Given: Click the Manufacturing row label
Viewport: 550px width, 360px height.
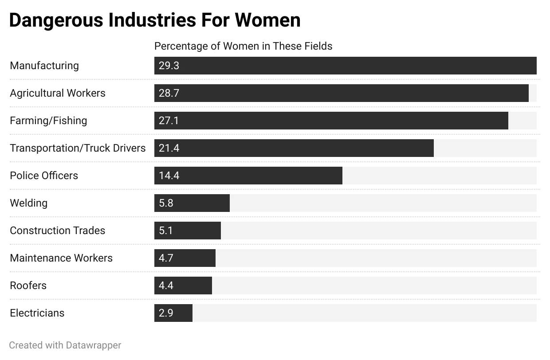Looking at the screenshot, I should [x=44, y=66].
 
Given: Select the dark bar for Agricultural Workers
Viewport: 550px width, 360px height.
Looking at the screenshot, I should [x=342, y=93].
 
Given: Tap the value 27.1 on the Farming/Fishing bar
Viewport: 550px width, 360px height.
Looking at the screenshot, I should [x=169, y=121].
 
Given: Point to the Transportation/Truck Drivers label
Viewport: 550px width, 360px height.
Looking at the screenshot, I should [x=78, y=148].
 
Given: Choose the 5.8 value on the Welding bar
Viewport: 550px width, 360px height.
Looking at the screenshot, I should [x=166, y=203].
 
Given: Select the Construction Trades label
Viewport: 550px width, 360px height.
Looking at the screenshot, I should [x=58, y=231].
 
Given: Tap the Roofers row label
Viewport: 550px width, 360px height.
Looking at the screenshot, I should [x=28, y=286].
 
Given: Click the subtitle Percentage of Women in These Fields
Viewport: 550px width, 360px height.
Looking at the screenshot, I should [x=243, y=46].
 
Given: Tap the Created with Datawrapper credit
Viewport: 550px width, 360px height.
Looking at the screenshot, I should [x=65, y=345].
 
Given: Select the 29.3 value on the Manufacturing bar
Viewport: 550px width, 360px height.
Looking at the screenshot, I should [x=169, y=66].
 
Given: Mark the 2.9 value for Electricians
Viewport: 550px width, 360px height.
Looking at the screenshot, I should [x=166, y=313].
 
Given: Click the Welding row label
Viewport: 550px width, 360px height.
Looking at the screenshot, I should [x=28, y=203].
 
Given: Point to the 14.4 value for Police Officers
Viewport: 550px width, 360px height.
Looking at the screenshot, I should [x=169, y=176].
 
